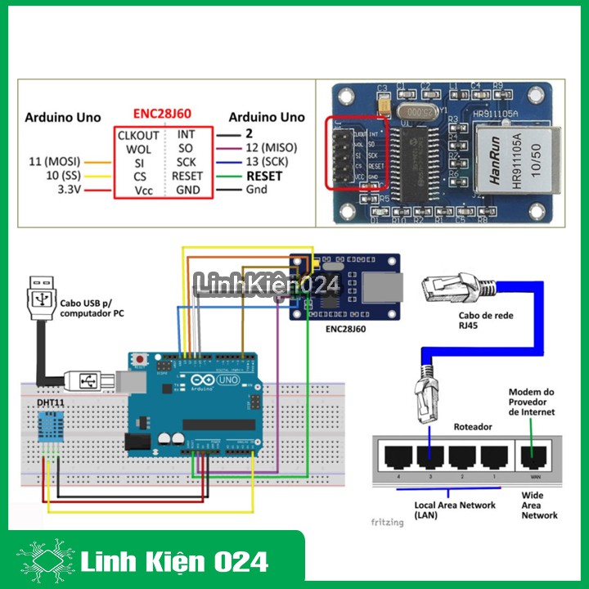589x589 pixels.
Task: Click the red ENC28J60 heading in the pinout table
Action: [x=162, y=115]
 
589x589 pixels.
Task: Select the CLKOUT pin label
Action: [x=138, y=134]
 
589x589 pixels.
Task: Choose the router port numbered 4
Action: [x=397, y=456]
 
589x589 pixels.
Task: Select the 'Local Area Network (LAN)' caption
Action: [x=455, y=510]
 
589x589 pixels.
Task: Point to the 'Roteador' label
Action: [x=473, y=427]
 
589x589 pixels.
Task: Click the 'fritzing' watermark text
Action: [x=387, y=521]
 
